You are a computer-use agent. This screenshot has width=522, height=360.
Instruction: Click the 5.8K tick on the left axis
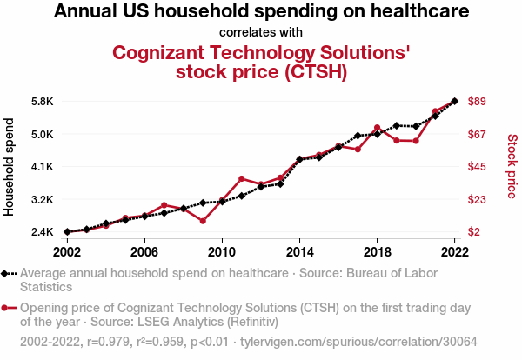(42, 102)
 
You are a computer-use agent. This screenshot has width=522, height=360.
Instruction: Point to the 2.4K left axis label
(42, 232)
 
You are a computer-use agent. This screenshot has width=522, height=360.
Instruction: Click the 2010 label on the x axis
(222, 251)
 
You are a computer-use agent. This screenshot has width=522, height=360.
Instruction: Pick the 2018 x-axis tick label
(377, 251)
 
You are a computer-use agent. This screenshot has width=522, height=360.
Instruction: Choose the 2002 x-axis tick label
(67, 251)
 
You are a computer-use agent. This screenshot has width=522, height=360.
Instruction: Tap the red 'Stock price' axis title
(512, 165)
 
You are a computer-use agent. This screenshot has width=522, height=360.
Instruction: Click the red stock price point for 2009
(203, 221)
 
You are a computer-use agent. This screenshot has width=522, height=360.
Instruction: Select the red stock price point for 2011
(242, 178)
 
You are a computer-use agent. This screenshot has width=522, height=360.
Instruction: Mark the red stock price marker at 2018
(377, 128)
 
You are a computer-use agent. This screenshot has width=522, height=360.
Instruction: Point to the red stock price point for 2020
(416, 141)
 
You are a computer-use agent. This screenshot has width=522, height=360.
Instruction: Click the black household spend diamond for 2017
(358, 136)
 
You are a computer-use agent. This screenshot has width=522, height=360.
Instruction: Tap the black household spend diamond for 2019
(397, 126)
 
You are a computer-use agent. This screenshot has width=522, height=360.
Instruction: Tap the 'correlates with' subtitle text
(261, 32)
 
